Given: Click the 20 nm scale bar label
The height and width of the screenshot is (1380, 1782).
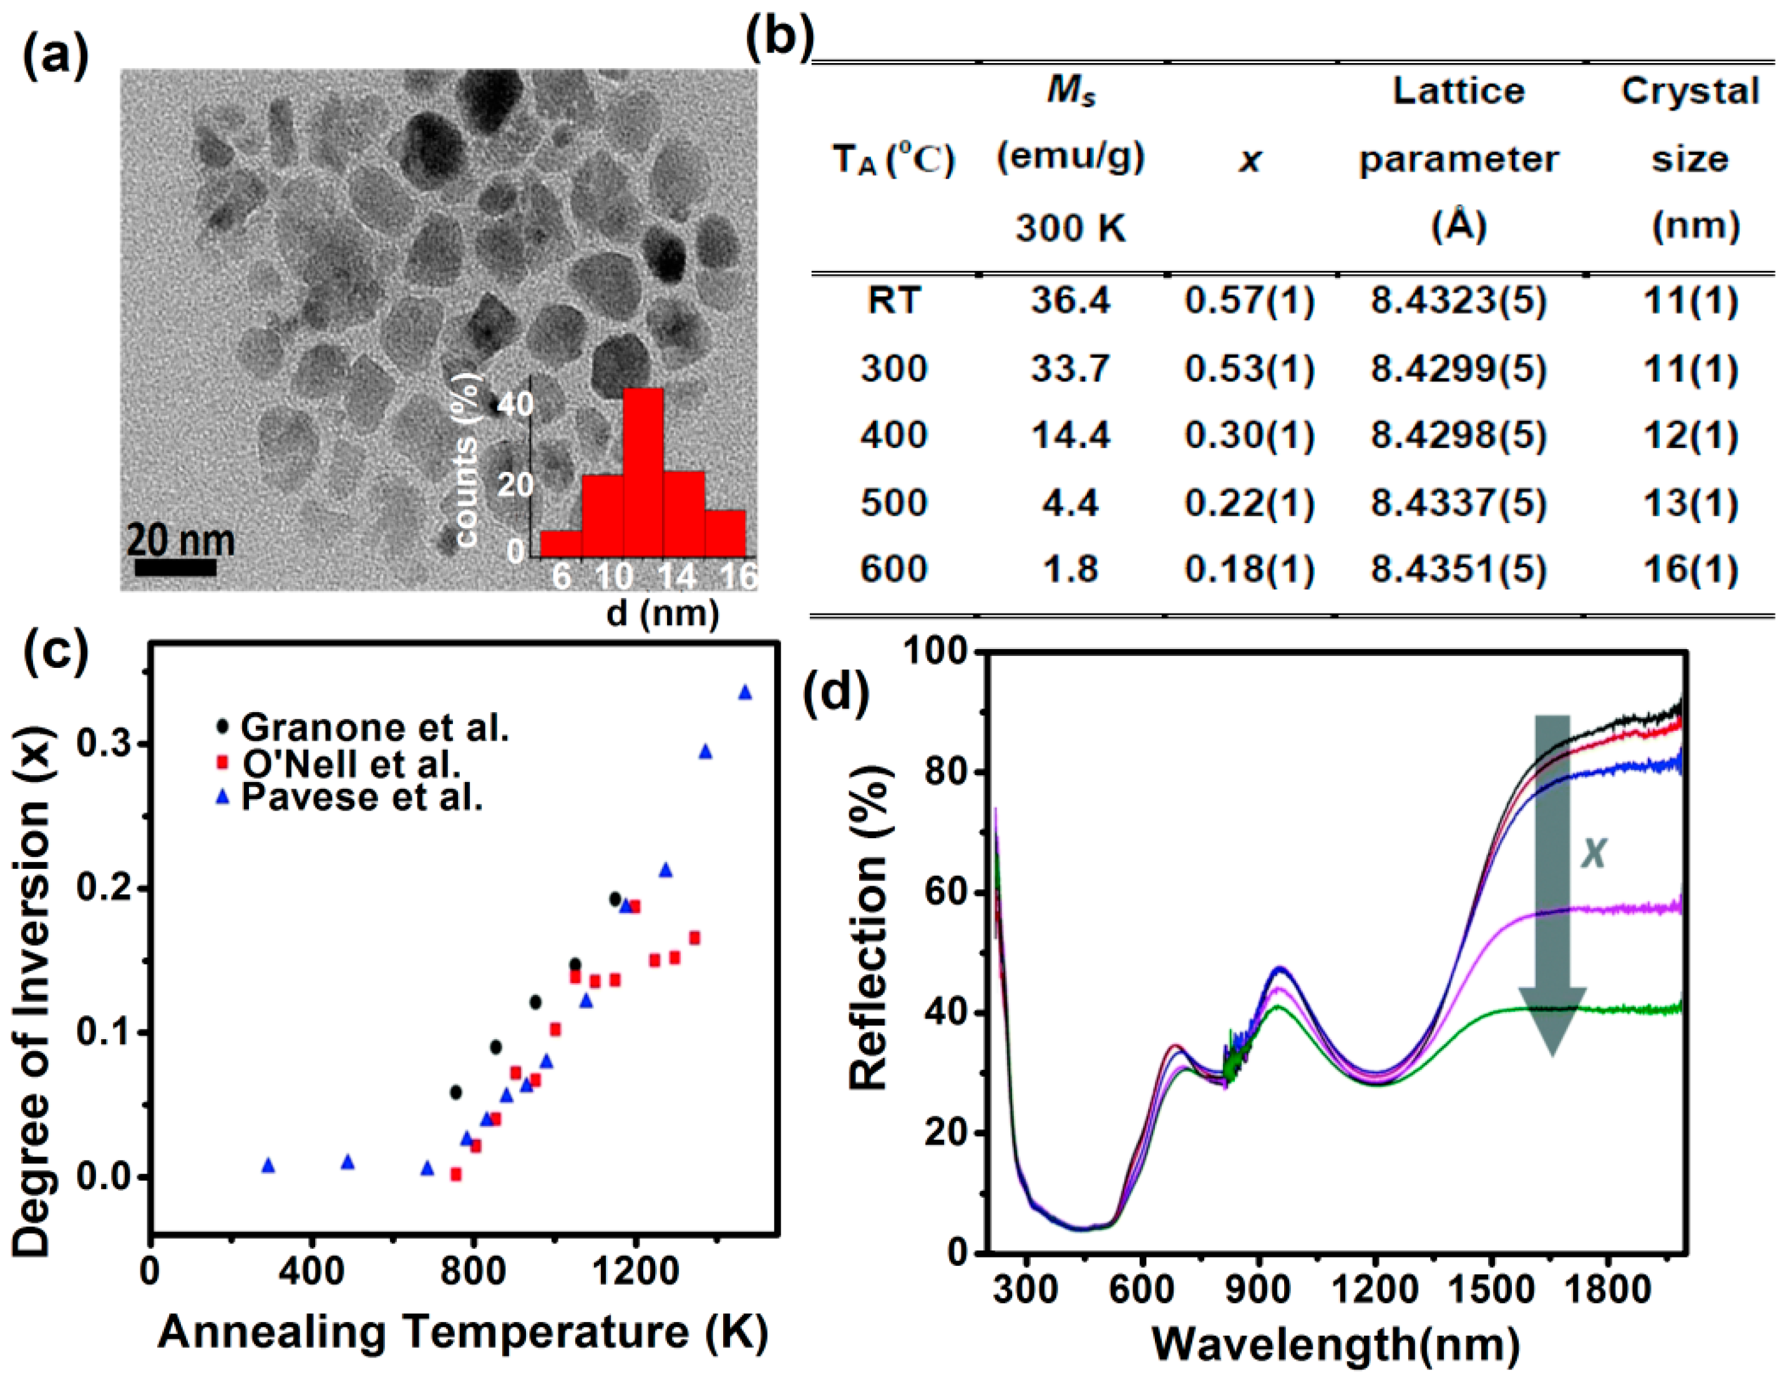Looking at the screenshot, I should [180, 541].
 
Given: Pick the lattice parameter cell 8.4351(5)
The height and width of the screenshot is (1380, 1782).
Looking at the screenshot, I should [1458, 569].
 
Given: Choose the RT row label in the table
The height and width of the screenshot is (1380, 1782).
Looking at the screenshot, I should [893, 301].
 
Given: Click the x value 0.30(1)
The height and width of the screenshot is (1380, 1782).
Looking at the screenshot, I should [1249, 435].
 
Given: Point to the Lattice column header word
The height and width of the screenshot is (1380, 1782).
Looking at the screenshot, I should [1458, 91].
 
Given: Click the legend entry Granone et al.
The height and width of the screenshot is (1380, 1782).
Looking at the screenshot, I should [374, 727].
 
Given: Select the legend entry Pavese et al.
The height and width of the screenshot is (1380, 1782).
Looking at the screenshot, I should [361, 797].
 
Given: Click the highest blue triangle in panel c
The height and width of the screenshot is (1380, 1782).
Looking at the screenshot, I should [745, 693].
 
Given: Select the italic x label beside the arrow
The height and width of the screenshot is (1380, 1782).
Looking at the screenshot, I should [1594, 853].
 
